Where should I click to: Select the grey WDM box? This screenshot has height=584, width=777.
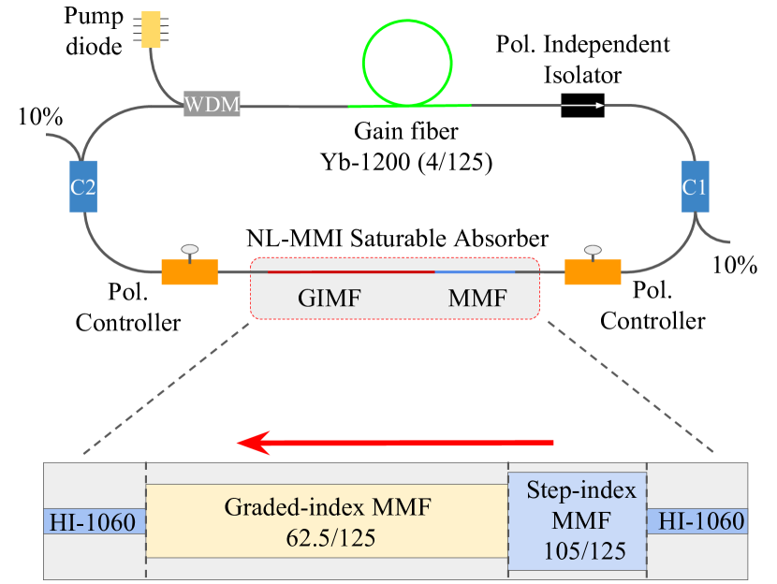pos(211,106)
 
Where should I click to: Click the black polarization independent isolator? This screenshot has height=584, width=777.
pos(583,106)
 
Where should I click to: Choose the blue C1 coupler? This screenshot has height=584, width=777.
pos(693,186)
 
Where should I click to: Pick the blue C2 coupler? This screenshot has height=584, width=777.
pos(83,186)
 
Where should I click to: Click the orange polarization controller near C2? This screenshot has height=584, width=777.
pos(189,271)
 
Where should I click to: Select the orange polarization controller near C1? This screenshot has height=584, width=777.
pos(593,271)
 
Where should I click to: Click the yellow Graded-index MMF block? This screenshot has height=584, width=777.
pos(327,520)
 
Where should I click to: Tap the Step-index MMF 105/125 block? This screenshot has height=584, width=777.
pos(577,521)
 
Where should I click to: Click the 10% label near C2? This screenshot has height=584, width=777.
pos(39,118)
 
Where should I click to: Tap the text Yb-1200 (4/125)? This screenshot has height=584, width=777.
pos(405,161)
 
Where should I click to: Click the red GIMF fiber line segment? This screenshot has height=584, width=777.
pos(351,271)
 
